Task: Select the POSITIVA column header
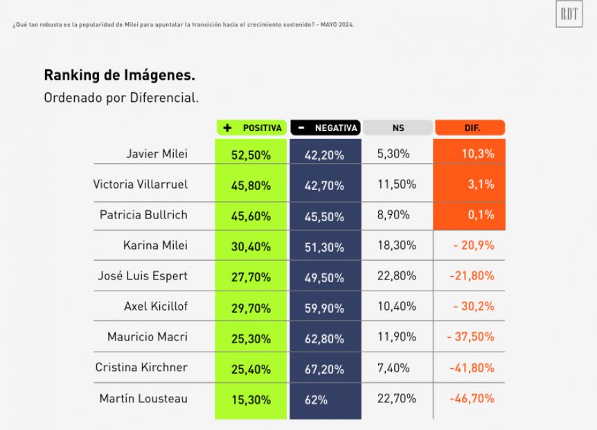(x=251, y=128)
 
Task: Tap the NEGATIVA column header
(x=325, y=128)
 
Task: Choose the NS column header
(x=398, y=128)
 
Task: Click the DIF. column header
(x=469, y=128)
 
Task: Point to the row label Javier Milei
(x=157, y=154)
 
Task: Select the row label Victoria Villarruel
(x=141, y=184)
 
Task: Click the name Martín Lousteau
(x=143, y=399)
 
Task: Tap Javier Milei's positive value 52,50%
(x=251, y=155)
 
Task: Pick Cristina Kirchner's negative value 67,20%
(x=324, y=370)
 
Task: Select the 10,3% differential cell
(x=477, y=154)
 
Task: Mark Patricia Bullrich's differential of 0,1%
(x=481, y=215)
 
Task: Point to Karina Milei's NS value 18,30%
(x=396, y=246)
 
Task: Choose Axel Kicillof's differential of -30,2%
(x=474, y=307)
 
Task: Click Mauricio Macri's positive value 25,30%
(x=251, y=339)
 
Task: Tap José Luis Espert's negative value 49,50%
(x=324, y=277)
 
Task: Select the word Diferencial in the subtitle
(x=163, y=98)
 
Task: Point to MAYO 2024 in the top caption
(x=337, y=25)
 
